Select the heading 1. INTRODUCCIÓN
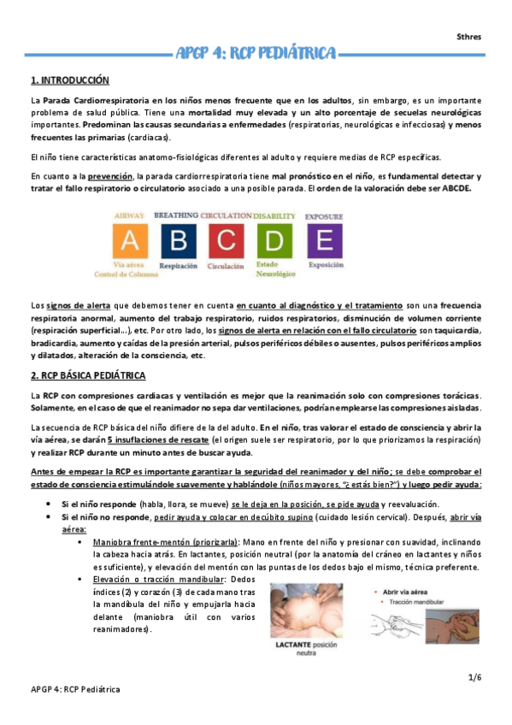point(70,80)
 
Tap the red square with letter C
point(225,240)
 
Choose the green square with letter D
point(275,240)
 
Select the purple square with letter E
point(325,240)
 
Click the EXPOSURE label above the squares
point(325,216)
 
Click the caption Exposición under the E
point(325,266)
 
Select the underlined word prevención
point(109,176)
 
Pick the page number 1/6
point(475,677)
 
